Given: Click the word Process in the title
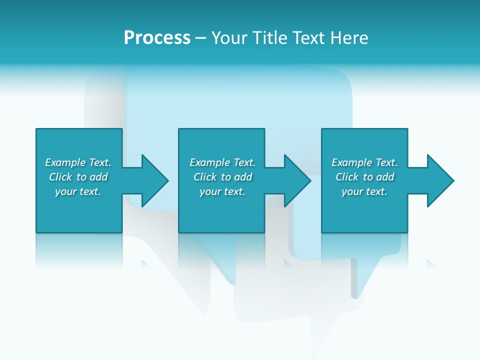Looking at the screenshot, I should coord(157,38).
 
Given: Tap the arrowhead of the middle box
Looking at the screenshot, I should coord(297,180).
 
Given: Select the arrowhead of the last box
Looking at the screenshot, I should coord(440,180).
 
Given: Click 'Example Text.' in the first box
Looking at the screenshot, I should coord(78,162).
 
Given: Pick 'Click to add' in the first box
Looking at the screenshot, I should coord(78,177).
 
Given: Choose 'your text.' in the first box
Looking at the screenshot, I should coord(78,191).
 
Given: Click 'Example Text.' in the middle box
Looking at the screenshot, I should coord(222,162).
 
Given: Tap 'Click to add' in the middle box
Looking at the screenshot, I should coord(222,177).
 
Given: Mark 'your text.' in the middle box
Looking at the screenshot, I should coord(222,191).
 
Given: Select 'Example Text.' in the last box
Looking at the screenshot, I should coord(364,162).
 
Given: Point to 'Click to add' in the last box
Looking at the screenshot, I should coord(364,177).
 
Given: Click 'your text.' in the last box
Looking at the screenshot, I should coord(364,191).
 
